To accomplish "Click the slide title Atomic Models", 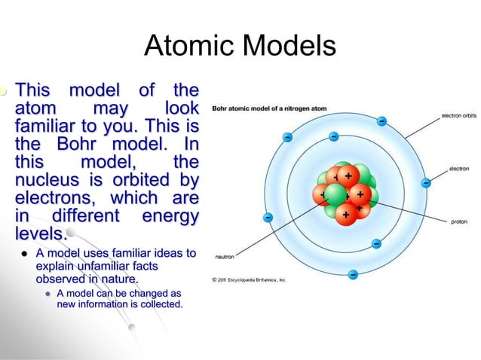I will click(x=240, y=47).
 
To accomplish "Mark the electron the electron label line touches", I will click(x=426, y=182).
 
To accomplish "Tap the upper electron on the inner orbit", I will click(x=333, y=137).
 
